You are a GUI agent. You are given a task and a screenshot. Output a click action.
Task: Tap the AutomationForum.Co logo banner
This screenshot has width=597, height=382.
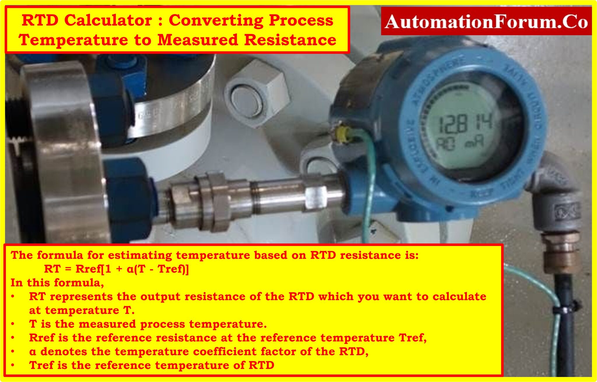[x=486, y=22]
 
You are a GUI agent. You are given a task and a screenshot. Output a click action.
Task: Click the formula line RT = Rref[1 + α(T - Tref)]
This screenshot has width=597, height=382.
[x=116, y=269]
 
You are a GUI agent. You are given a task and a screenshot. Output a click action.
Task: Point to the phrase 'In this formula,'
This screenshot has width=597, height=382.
[x=57, y=282]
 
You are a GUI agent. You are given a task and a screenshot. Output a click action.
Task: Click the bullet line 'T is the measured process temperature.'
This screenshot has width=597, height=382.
[x=148, y=324]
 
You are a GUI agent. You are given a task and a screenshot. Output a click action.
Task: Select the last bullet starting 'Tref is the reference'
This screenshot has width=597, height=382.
[x=152, y=365]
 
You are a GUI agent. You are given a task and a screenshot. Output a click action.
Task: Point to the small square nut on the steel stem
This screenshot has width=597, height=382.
[x=316, y=197]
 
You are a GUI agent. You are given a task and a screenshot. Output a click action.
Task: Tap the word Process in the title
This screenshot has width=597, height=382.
[x=301, y=20]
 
